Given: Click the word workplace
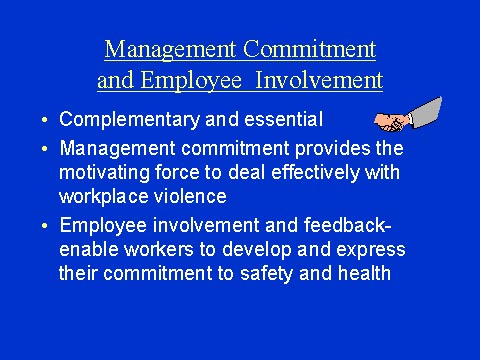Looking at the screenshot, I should point(102,197).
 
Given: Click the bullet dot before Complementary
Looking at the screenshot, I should point(46,121).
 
